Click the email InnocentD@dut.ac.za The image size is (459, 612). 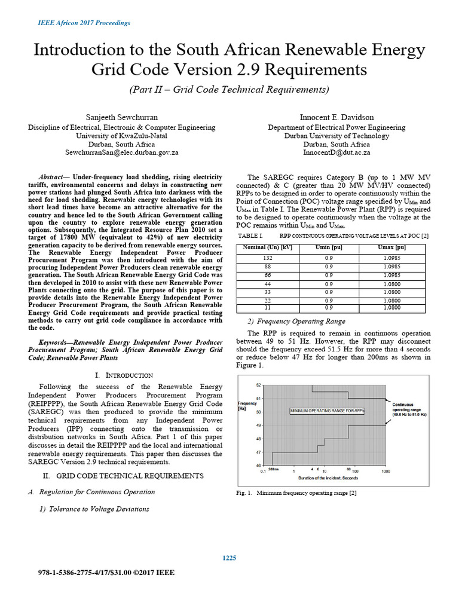click(x=336, y=153)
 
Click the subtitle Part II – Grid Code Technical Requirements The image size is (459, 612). click(x=229, y=90)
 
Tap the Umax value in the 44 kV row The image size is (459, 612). click(x=392, y=284)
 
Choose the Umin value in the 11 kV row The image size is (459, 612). click(x=329, y=308)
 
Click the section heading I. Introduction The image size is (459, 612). click(x=124, y=375)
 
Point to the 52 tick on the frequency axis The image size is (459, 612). click(x=258, y=385)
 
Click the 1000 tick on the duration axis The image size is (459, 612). click(x=385, y=472)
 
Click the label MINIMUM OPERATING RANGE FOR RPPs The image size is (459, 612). click(x=327, y=411)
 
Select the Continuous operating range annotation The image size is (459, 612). click(x=409, y=409)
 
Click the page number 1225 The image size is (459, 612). click(x=229, y=558)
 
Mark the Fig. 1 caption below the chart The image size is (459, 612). click(x=297, y=493)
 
